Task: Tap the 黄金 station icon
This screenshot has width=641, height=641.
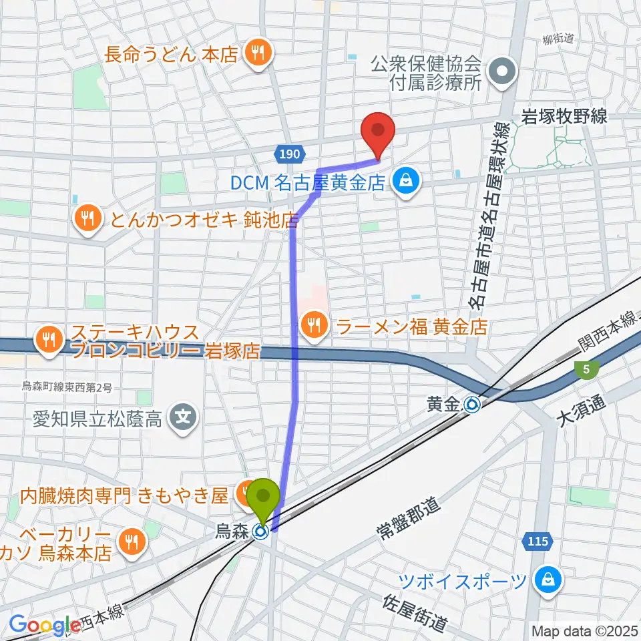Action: click(x=473, y=404)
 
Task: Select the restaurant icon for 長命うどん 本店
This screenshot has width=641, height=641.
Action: click(x=256, y=53)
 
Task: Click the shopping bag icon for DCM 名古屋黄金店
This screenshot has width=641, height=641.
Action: click(x=404, y=180)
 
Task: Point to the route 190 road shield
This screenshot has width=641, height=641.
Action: click(x=288, y=154)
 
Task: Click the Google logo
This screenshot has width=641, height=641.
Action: click(x=44, y=626)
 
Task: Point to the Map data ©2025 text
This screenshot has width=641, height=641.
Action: click(x=584, y=630)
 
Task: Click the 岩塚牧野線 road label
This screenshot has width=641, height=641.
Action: click(x=564, y=117)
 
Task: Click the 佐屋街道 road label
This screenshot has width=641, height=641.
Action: click(x=414, y=612)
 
